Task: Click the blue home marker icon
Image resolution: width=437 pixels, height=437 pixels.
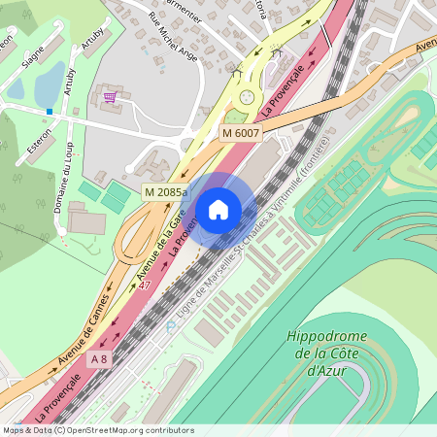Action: (218, 208)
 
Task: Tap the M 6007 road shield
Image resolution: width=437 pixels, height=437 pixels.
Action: (240, 132)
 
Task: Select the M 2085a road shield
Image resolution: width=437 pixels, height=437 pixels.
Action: (165, 192)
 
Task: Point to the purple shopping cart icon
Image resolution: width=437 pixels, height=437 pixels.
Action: (110, 97)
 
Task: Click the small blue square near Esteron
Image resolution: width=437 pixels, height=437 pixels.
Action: (49, 112)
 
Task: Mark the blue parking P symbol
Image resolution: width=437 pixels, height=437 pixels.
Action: (171, 327)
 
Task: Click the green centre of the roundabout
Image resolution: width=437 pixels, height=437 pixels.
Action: (248, 96)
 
